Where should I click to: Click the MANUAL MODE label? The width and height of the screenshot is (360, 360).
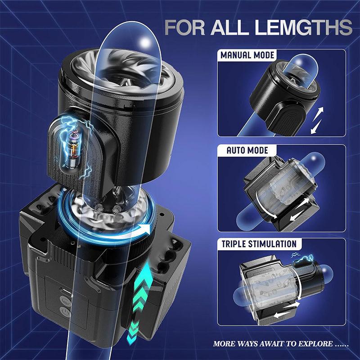coord(247,56)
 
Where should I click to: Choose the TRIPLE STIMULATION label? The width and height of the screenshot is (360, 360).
coord(259,244)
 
